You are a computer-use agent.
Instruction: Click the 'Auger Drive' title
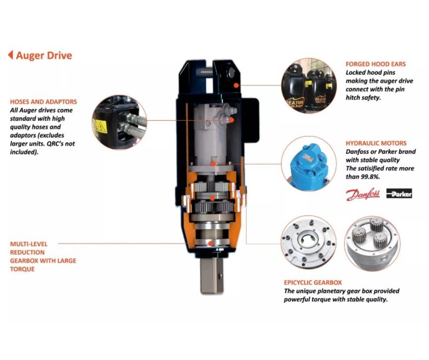(x=44, y=56)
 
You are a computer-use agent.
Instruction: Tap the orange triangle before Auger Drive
(x=10, y=55)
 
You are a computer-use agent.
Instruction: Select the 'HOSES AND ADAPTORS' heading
(x=43, y=102)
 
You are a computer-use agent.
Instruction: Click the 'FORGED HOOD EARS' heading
(x=375, y=64)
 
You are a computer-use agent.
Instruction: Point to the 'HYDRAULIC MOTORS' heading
(x=376, y=143)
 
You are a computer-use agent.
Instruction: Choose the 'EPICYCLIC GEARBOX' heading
(x=313, y=283)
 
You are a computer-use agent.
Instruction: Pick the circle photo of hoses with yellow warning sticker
(x=120, y=122)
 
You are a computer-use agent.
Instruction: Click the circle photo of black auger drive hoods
(x=309, y=85)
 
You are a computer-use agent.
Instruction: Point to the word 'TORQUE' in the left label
(x=22, y=269)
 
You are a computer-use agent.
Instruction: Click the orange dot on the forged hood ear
(x=236, y=85)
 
